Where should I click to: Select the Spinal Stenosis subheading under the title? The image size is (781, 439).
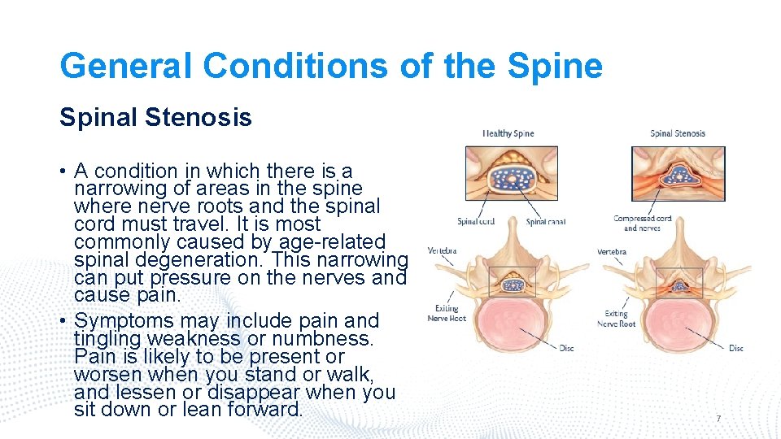pyautogui.click(x=155, y=118)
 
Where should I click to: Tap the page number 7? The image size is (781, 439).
pyautogui.click(x=718, y=418)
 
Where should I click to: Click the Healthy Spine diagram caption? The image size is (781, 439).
pyautogui.click(x=508, y=133)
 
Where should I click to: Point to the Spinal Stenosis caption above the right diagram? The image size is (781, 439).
pyautogui.click(x=678, y=133)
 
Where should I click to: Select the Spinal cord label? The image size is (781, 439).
pyautogui.click(x=476, y=221)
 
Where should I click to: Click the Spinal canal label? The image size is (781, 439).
pyautogui.click(x=546, y=221)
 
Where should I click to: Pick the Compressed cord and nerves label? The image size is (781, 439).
pyautogui.click(x=642, y=223)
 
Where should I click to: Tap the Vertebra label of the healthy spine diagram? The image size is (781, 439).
pyautogui.click(x=442, y=250)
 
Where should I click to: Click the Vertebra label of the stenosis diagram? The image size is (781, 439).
pyautogui.click(x=611, y=252)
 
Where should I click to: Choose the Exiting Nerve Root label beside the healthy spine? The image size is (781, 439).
pyautogui.click(x=447, y=313)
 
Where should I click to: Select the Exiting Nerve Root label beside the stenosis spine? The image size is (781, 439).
pyautogui.click(x=616, y=318)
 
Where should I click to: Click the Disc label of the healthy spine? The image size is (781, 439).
pyautogui.click(x=566, y=348)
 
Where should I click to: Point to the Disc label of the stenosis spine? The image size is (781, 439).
pyautogui.click(x=735, y=348)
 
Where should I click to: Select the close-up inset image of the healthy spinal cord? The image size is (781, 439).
pyautogui.click(x=511, y=173)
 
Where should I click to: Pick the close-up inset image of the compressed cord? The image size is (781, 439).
pyautogui.click(x=678, y=173)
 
